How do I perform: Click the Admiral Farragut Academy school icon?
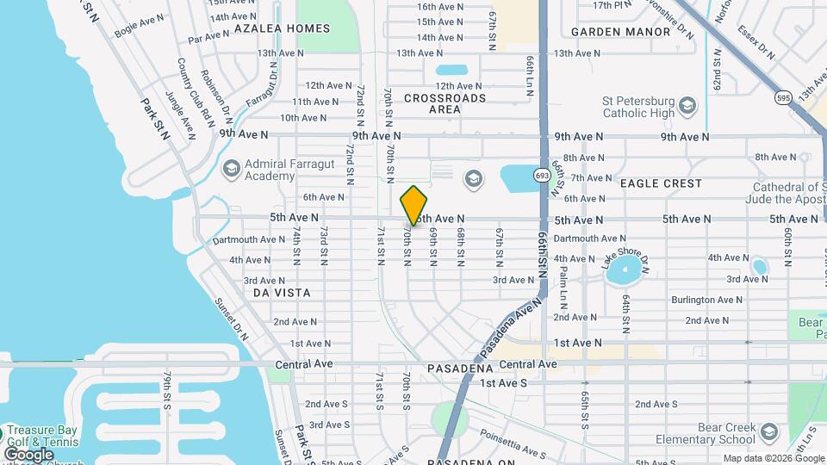[231, 168]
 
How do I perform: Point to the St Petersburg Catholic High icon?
[687, 107]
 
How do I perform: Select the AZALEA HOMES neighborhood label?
[282, 28]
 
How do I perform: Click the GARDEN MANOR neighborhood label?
[620, 32]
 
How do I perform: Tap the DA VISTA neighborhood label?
[282, 293]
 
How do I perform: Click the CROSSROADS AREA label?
[445, 103]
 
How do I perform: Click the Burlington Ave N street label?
[706, 300]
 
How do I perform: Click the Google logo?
[28, 454]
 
